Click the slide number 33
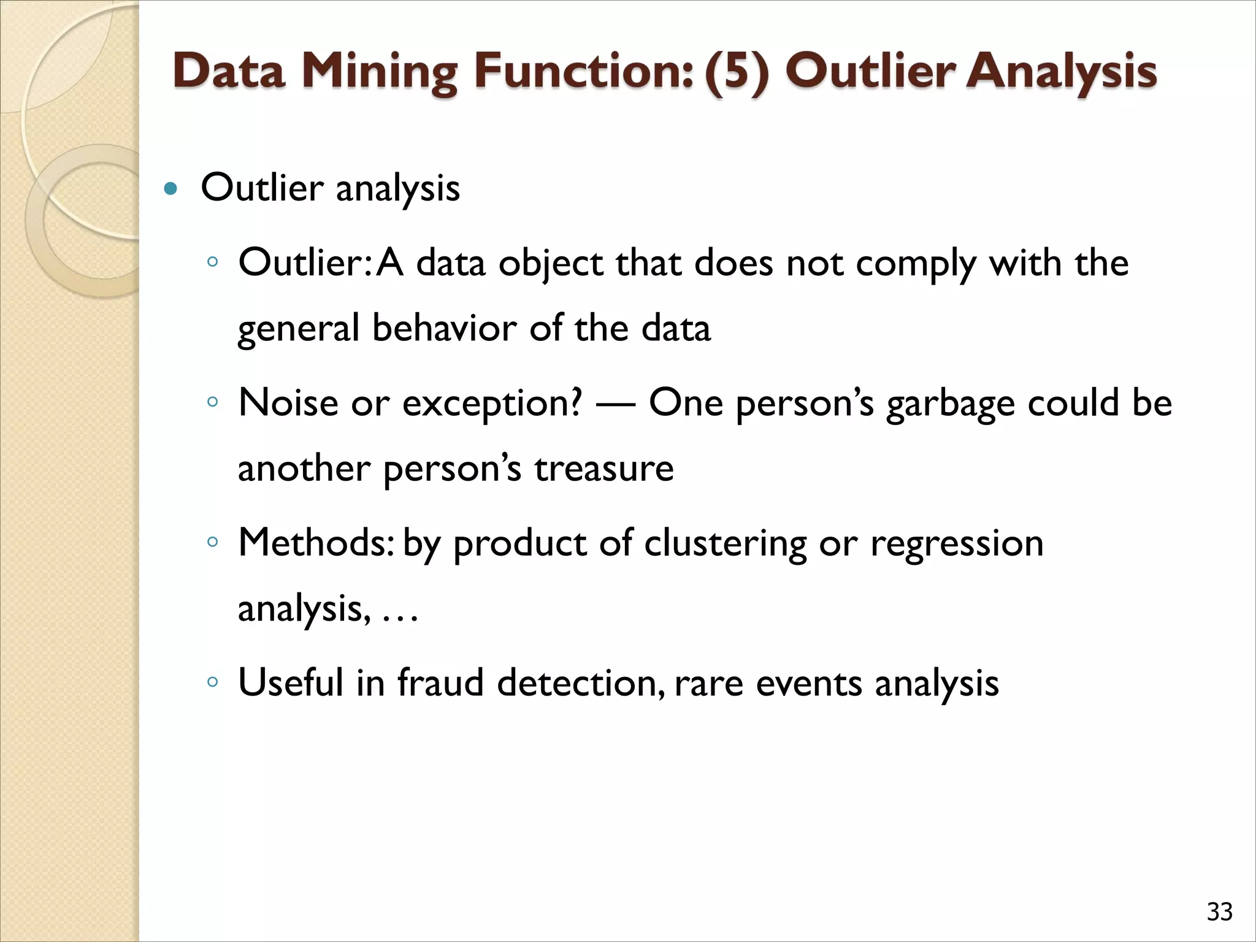point(1219,912)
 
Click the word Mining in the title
point(380,72)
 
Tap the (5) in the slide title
point(736,72)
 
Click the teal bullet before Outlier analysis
point(171,188)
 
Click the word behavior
point(444,328)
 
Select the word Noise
point(288,403)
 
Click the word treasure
point(603,469)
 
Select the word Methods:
point(316,543)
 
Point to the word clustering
point(726,544)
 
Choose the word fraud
point(440,683)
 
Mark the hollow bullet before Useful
point(212,681)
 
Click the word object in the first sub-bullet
point(551,264)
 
